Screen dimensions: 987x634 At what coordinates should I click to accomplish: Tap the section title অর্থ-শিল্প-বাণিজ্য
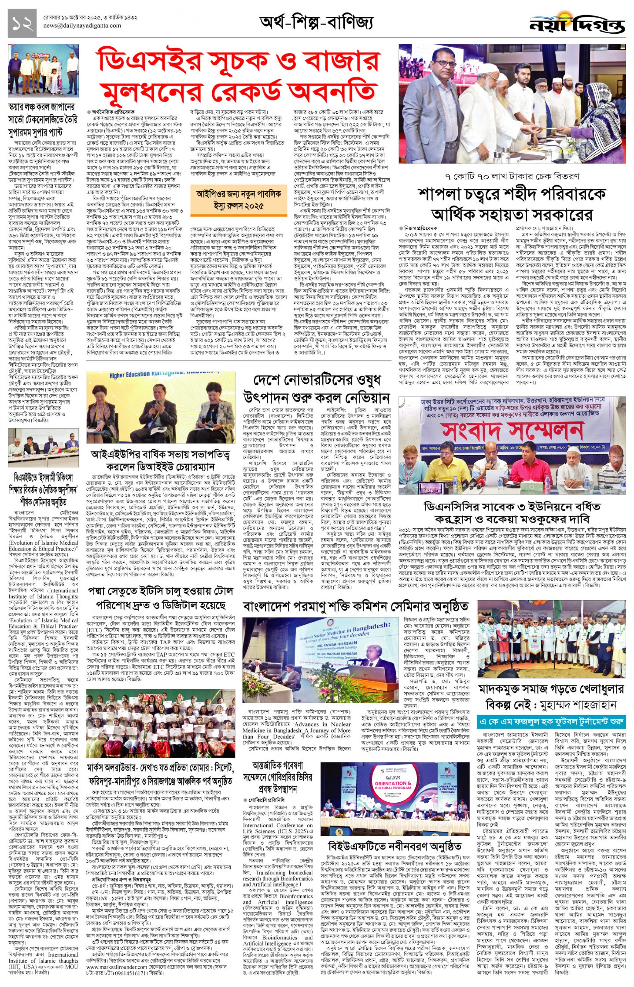pos(316,23)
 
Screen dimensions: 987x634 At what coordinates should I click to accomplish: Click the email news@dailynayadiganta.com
pos(82,26)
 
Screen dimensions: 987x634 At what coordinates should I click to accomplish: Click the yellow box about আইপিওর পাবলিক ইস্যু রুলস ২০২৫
pos(235,200)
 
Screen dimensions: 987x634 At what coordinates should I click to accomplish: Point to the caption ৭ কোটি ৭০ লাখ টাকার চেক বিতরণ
pos(513,177)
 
